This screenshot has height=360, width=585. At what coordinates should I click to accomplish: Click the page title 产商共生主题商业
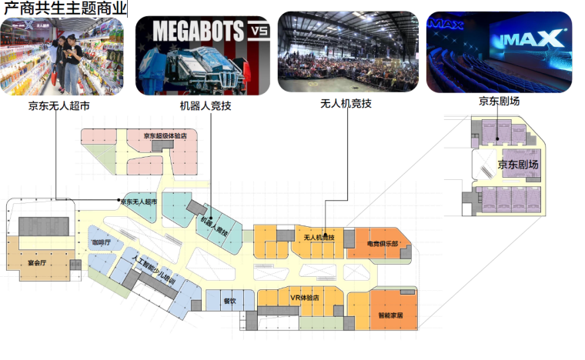(65, 8)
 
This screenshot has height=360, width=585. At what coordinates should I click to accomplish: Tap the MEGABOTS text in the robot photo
(198, 31)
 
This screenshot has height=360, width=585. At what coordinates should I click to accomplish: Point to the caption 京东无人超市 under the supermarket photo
(58, 106)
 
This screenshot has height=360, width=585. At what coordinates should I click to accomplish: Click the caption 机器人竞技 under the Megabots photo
(205, 106)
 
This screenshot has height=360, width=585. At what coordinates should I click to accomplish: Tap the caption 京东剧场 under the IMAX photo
(498, 101)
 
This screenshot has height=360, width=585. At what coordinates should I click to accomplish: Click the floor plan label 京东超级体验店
(165, 137)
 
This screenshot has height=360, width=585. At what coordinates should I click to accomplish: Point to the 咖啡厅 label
(102, 243)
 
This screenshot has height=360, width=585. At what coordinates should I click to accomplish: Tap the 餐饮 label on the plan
(229, 301)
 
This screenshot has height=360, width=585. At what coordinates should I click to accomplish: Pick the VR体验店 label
(304, 297)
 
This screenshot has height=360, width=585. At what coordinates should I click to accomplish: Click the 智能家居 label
(390, 315)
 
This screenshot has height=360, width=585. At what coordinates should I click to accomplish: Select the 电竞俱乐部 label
(382, 244)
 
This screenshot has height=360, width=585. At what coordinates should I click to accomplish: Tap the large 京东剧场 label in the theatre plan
(517, 165)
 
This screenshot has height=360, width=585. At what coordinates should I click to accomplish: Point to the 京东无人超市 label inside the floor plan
(139, 202)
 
